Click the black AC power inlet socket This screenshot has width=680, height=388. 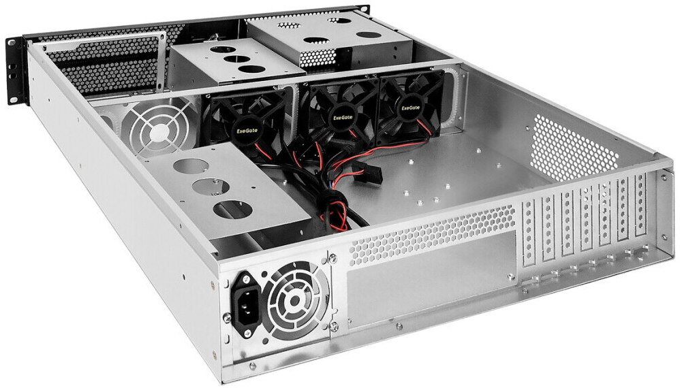click(x=247, y=298)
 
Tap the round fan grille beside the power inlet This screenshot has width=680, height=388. click(x=294, y=300)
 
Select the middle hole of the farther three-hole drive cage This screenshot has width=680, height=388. click(x=236, y=59)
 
